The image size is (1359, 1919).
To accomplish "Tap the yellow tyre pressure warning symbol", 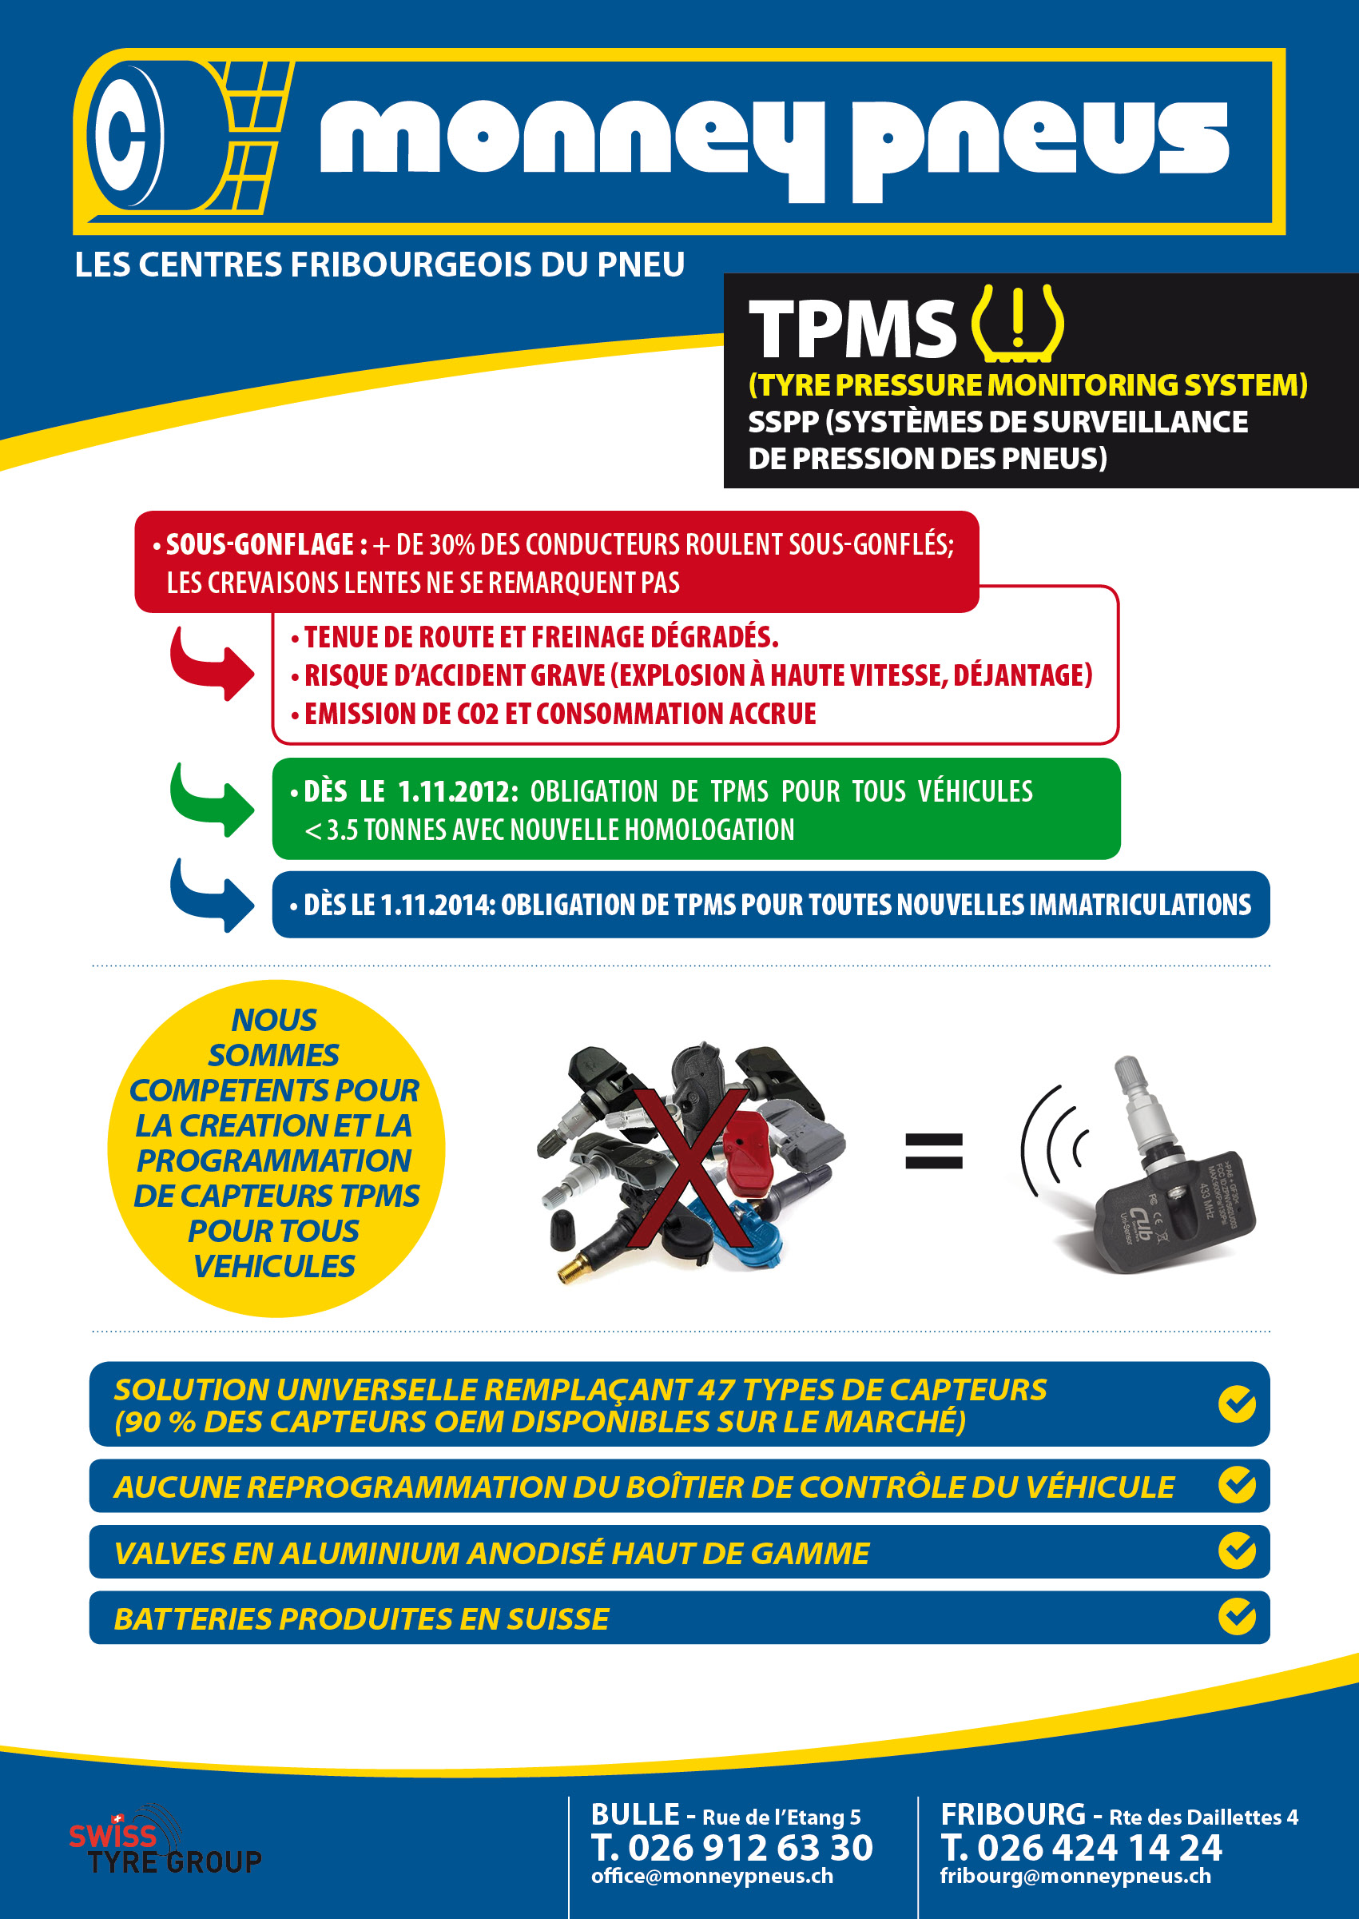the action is tap(1017, 323).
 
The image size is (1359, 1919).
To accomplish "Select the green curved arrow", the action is tap(212, 800).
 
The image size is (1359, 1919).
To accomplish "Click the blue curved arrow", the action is tap(212, 895).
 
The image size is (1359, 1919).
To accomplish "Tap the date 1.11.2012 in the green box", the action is tap(457, 791).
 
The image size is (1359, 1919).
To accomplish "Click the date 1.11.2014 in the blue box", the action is tap(438, 905).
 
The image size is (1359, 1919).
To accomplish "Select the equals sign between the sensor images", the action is tap(934, 1151).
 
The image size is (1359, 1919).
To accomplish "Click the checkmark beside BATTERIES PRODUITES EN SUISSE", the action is tap(1237, 1616).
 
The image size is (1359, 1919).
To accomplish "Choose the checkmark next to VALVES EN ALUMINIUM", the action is tap(1237, 1550).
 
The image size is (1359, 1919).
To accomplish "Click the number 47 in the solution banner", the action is tap(716, 1390).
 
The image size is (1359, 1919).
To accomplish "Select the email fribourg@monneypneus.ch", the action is tap(1075, 1877).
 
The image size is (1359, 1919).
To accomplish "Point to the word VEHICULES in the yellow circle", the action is tap(275, 1267).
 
